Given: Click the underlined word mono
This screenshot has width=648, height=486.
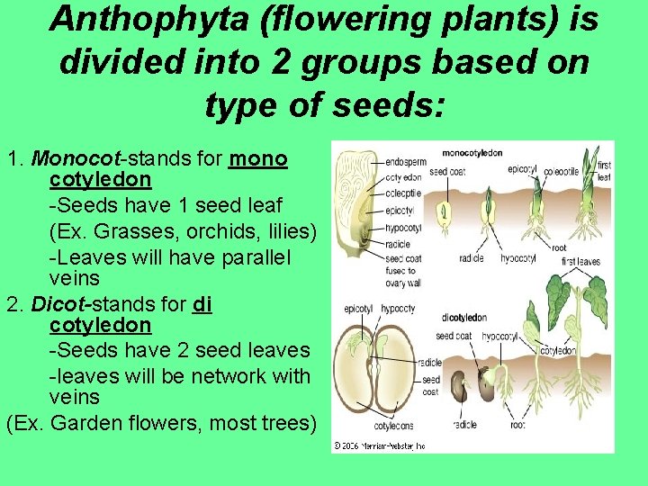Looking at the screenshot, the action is click(258, 160).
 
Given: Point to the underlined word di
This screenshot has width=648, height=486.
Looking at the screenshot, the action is click(202, 304).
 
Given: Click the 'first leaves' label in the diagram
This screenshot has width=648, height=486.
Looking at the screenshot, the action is click(581, 261).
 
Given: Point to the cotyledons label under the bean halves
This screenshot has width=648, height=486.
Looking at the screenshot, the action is click(394, 426).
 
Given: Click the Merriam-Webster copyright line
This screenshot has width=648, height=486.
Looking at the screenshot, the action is click(380, 445).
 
